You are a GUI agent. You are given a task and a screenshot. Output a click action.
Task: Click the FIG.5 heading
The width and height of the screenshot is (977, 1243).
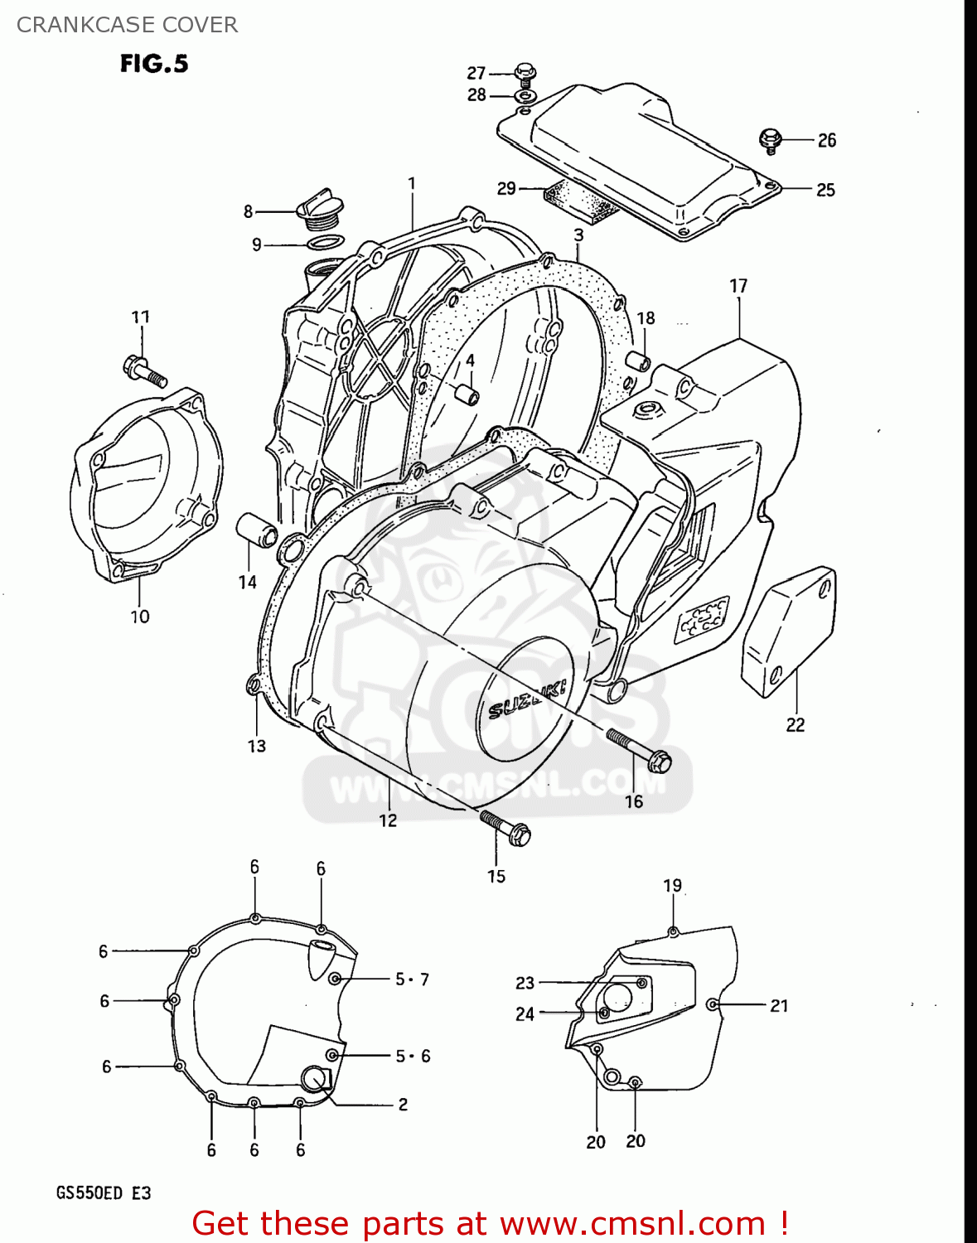coord(154,64)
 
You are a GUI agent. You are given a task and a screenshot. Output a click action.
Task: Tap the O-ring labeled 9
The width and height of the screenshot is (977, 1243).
coord(325,243)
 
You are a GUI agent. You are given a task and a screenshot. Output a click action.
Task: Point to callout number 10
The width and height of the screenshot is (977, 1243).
coord(139,617)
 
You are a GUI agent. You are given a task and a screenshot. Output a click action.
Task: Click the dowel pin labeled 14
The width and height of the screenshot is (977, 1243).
coord(257,530)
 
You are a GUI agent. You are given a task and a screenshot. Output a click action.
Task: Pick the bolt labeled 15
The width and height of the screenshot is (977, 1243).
coord(505,828)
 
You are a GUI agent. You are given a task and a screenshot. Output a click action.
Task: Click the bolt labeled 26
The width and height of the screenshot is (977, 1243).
coord(771,140)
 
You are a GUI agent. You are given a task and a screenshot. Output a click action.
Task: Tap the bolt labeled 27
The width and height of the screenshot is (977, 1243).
coord(523,74)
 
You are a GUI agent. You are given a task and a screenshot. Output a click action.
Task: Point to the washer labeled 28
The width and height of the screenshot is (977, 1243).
coord(524,97)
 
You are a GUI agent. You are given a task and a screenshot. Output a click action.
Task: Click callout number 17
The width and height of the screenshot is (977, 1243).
coord(738,286)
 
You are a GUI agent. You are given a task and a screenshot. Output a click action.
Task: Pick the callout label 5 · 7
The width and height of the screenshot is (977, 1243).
coord(412,979)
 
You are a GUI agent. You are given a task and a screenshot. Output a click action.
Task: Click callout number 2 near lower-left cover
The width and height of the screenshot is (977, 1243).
coord(403,1104)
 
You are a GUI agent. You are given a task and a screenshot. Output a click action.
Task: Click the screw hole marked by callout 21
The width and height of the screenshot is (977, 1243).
coord(712,1004)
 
